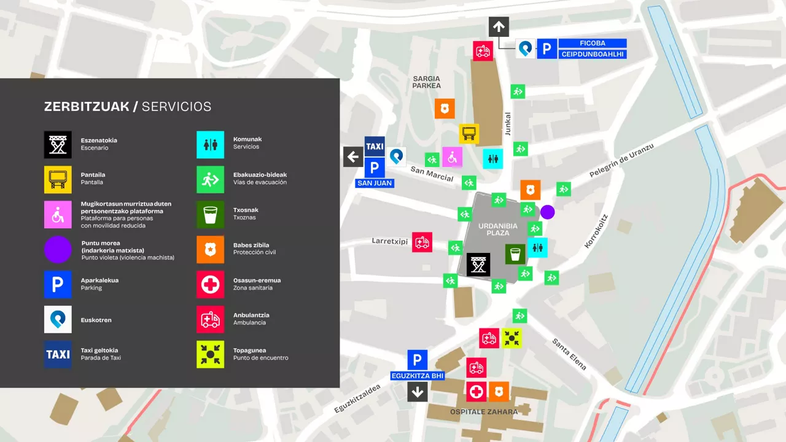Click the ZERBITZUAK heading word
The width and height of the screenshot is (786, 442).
click(x=87, y=107)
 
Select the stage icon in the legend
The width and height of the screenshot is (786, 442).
click(x=58, y=145)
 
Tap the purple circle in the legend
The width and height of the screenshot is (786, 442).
click(x=58, y=250)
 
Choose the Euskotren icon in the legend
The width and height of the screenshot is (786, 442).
click(x=58, y=319)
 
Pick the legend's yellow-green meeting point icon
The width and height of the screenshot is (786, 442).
click(x=210, y=354)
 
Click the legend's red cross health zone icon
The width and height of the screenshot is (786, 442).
click(x=210, y=284)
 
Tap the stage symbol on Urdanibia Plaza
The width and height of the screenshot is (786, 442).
click(x=478, y=265)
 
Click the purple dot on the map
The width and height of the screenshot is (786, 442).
click(x=547, y=212)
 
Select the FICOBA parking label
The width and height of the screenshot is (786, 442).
click(x=593, y=43)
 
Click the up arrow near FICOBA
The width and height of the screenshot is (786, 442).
click(x=499, y=27)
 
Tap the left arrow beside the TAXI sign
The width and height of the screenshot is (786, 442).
click(x=353, y=157)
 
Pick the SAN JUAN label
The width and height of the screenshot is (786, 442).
click(x=375, y=183)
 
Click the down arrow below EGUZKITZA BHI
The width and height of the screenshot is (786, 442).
click(x=418, y=392)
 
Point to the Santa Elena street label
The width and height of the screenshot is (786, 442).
click(x=569, y=354)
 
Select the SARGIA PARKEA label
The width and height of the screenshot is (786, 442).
click(x=427, y=82)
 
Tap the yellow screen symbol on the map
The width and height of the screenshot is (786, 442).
click(x=469, y=134)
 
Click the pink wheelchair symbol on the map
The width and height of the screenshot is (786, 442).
click(x=453, y=157)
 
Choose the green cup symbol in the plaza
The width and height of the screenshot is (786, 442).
click(x=515, y=254)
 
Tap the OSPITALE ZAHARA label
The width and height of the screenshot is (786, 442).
click(x=484, y=412)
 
